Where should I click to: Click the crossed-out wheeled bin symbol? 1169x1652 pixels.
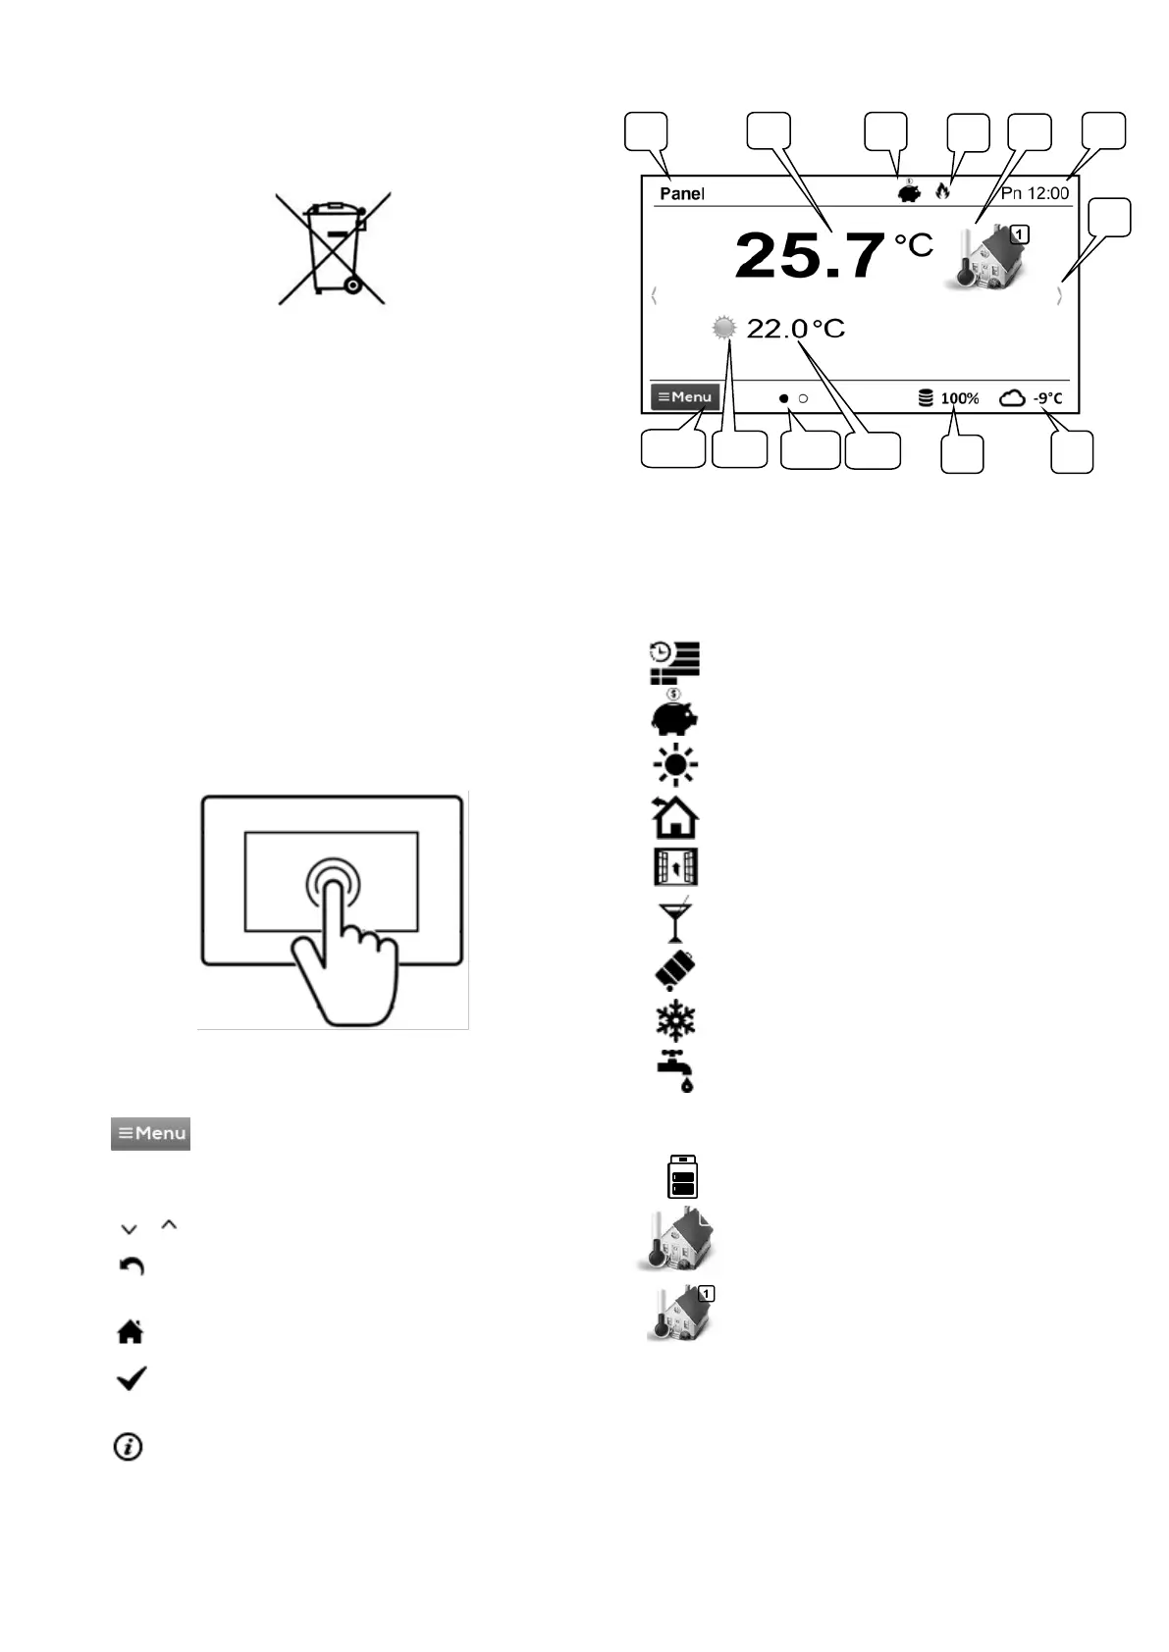333,248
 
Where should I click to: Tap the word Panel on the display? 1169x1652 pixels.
682,193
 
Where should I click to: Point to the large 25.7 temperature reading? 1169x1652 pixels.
809,255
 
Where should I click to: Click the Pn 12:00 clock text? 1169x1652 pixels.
1035,193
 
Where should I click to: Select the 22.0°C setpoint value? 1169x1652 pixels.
796,329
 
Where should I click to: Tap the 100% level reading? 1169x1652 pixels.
959,398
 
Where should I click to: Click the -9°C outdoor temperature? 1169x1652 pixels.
1048,398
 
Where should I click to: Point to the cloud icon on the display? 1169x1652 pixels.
1012,397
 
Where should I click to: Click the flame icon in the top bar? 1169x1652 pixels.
943,190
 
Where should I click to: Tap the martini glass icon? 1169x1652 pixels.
675,921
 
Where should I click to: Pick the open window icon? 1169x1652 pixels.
675,867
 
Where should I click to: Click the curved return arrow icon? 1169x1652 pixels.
132,1266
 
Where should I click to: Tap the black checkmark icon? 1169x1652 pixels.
132,1378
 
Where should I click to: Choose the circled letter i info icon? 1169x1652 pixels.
129,1446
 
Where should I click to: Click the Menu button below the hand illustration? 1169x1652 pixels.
150,1133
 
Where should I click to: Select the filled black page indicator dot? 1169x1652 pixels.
783,398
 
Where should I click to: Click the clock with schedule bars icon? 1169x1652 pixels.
674,661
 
